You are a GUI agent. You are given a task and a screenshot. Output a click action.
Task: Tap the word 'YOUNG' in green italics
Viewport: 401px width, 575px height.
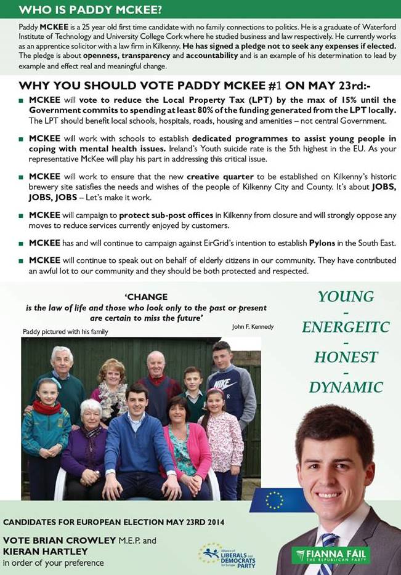pos(346,297)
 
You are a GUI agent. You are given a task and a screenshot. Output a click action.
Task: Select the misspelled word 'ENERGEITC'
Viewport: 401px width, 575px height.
pos(346,327)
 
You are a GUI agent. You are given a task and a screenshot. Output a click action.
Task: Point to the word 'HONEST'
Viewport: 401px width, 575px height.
pos(346,357)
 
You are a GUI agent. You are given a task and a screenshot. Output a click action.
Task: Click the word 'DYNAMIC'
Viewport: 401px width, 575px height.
pos(346,387)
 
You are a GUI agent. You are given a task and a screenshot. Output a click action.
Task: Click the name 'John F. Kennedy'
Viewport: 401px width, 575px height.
pos(253,326)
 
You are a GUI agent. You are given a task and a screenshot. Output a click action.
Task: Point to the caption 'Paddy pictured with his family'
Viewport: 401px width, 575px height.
pos(65,332)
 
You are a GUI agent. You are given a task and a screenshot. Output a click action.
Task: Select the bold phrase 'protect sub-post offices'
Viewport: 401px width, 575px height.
pos(166,215)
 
